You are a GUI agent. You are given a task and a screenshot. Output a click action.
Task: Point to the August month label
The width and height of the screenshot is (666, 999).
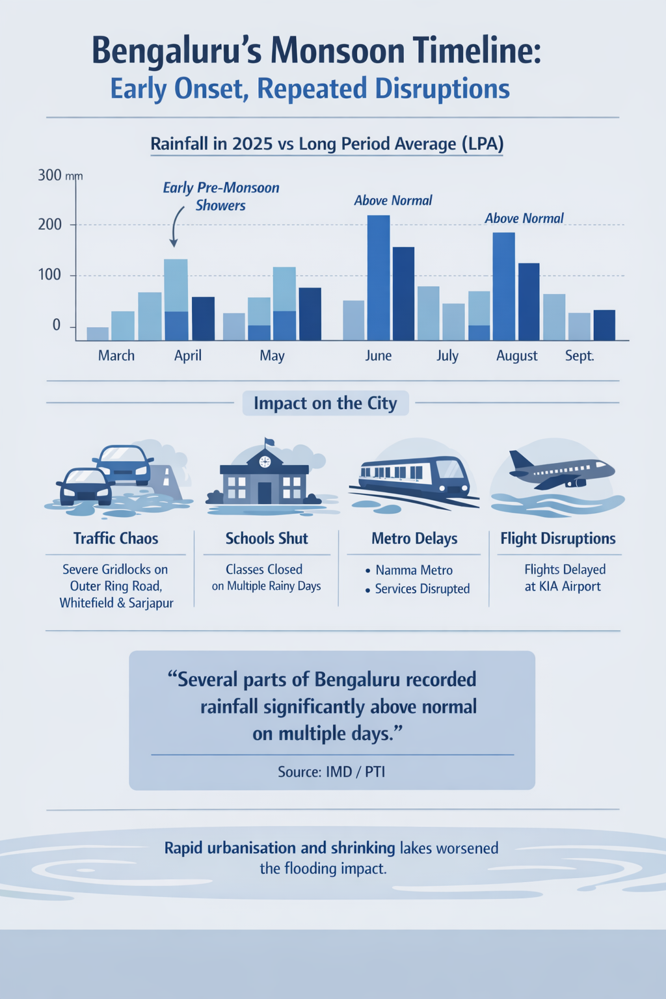pyautogui.click(x=516, y=356)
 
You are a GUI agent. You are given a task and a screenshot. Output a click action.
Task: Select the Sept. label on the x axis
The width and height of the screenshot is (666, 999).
pyautogui.click(x=579, y=356)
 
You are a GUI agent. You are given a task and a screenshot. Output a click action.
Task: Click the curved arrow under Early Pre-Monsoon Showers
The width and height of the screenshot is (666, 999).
pyautogui.click(x=175, y=228)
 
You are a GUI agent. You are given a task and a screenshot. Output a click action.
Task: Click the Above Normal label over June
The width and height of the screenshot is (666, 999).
pyautogui.click(x=393, y=200)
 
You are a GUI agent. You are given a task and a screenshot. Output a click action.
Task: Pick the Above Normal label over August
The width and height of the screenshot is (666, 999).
pyautogui.click(x=524, y=219)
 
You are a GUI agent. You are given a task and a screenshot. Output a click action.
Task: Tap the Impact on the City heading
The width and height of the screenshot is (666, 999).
pyautogui.click(x=325, y=403)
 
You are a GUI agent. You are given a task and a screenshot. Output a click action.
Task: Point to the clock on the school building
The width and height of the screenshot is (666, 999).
pyautogui.click(x=264, y=462)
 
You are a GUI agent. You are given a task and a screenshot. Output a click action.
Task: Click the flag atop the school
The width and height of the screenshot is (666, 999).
pyautogui.click(x=269, y=442)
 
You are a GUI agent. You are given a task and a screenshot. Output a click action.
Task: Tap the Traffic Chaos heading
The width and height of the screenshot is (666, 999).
pyautogui.click(x=116, y=539)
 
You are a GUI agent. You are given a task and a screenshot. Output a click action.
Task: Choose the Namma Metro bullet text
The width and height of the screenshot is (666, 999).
pyautogui.click(x=414, y=570)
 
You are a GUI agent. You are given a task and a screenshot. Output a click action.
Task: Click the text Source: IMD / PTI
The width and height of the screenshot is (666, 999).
pyautogui.click(x=331, y=772)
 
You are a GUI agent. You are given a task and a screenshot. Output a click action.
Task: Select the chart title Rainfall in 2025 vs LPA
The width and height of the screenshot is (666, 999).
pyautogui.click(x=326, y=144)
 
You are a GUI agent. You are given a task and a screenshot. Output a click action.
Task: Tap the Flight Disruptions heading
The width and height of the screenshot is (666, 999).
pyautogui.click(x=557, y=539)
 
